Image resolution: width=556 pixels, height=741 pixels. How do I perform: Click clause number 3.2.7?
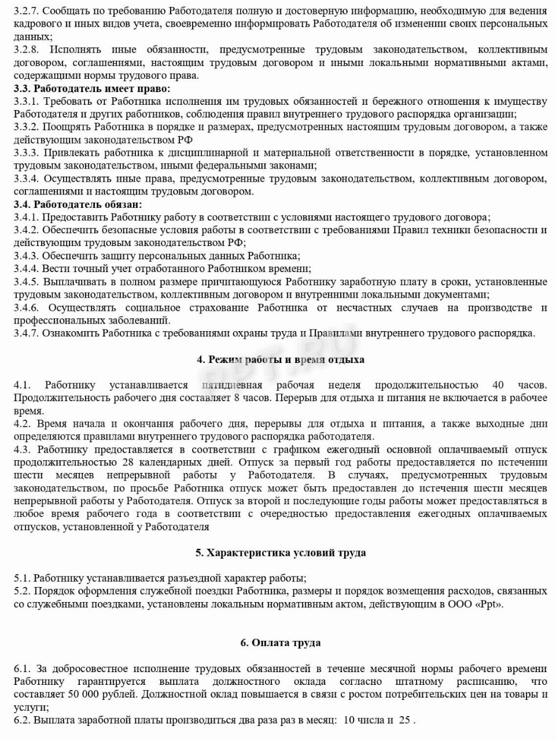click(x=27, y=10)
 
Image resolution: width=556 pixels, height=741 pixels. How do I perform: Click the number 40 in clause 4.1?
click(x=498, y=385)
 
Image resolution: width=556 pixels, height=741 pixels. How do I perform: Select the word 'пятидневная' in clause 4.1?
click(x=232, y=385)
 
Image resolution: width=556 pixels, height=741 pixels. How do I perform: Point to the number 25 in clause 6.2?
click(x=404, y=720)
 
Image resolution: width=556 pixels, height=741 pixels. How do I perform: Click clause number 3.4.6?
click(x=27, y=307)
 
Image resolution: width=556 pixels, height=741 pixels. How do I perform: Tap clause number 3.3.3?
click(x=27, y=153)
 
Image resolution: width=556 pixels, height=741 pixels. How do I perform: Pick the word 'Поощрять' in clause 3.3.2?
click(x=67, y=127)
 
